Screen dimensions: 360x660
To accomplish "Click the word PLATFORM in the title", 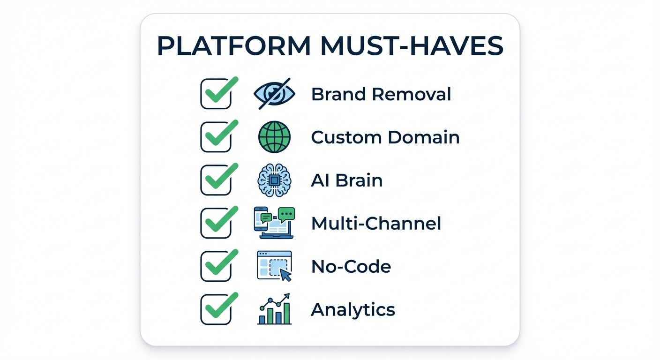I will (233, 46).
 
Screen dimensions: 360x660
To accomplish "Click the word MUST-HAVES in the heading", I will (411, 46).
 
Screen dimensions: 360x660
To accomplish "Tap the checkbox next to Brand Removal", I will (216, 94).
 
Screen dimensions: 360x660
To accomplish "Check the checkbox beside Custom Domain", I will (216, 137).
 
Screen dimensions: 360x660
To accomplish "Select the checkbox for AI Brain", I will (216, 180).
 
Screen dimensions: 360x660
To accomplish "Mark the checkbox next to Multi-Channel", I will (216, 224).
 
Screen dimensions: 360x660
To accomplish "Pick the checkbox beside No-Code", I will (216, 267).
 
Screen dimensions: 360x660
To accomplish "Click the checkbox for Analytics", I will (216, 310).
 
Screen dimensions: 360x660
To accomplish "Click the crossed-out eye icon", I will (274, 94).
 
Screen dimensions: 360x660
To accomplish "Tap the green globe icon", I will (274, 137).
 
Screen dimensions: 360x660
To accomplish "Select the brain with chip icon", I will (274, 180).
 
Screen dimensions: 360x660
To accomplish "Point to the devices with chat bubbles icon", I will (274, 223).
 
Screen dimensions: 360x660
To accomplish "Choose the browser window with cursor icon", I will (274, 266).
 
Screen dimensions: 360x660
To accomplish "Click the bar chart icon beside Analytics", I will (274, 309).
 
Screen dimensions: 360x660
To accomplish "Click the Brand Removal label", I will (381, 94).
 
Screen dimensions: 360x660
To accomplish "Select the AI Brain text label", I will (346, 180).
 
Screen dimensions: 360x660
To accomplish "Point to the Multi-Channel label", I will (376, 224).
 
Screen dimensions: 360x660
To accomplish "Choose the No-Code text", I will (351, 267).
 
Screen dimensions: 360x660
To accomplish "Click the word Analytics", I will (353, 310).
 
